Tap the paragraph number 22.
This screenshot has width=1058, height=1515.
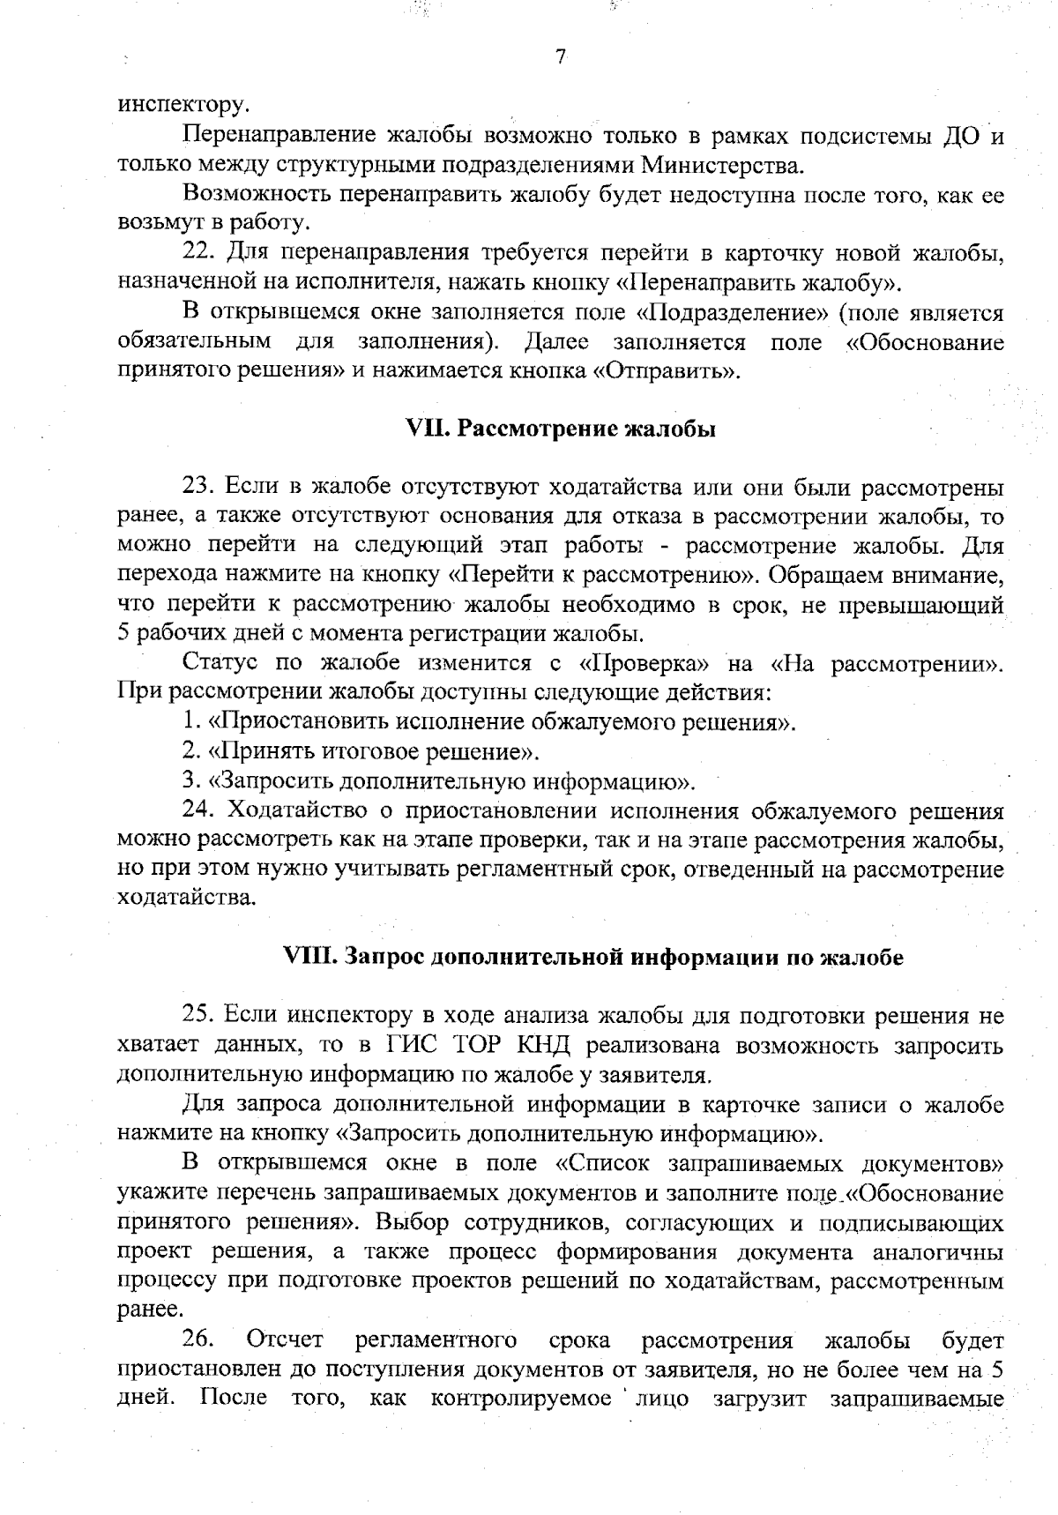coord(200,254)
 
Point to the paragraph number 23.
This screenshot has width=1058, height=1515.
coord(199,488)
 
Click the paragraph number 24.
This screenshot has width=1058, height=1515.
coord(199,810)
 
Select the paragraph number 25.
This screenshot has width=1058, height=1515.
coord(199,1015)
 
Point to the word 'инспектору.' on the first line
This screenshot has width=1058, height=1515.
coord(183,105)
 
